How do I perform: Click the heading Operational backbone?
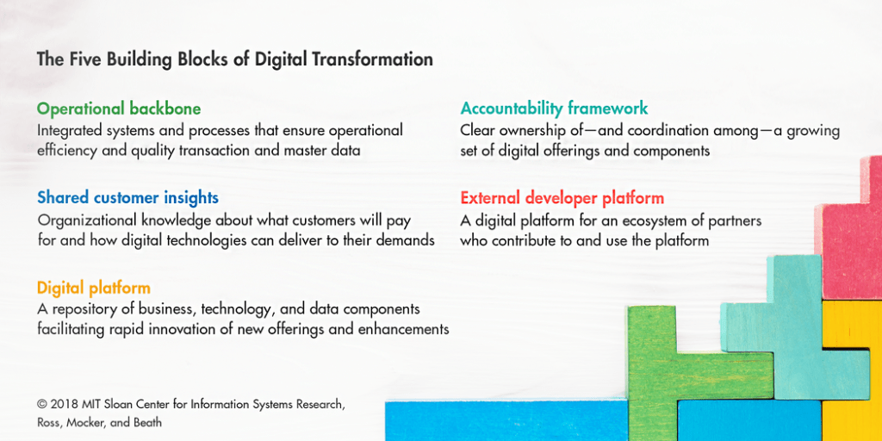pos(119,108)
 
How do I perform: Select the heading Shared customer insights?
pos(127,198)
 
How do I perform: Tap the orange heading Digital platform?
pos(94,289)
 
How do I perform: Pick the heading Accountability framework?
pos(554,108)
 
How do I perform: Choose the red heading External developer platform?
pos(562,198)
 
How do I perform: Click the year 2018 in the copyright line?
pos(62,404)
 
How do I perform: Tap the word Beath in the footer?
pos(148,422)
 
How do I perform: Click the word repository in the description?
pos(79,310)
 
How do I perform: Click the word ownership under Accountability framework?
pos(531,131)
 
